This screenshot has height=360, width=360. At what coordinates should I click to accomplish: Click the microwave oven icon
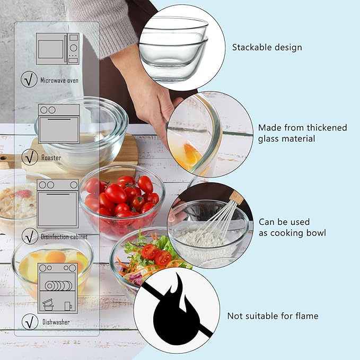(58, 48)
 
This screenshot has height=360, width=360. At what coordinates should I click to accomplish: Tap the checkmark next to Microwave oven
(29, 79)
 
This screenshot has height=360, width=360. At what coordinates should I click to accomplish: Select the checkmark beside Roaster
(30, 157)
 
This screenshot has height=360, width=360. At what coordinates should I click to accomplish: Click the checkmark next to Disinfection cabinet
(30, 236)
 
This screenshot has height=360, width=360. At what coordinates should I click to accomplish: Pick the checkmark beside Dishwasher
(30, 322)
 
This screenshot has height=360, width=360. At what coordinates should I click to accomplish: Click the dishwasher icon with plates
(58, 288)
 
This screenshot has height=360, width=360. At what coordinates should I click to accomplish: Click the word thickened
(327, 128)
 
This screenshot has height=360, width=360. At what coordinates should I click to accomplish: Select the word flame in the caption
(307, 316)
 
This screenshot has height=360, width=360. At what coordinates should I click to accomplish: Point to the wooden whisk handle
(236, 197)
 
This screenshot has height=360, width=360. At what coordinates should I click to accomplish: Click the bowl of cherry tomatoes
(122, 202)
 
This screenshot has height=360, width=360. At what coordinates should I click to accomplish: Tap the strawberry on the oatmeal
(23, 194)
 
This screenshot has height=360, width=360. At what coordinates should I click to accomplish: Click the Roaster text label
(51, 157)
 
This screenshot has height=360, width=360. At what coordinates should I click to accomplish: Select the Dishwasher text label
(56, 322)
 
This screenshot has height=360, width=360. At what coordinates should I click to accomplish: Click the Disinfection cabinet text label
(64, 236)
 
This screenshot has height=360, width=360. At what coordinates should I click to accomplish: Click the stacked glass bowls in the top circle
(173, 49)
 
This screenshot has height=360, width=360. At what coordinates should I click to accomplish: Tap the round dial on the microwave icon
(74, 48)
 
